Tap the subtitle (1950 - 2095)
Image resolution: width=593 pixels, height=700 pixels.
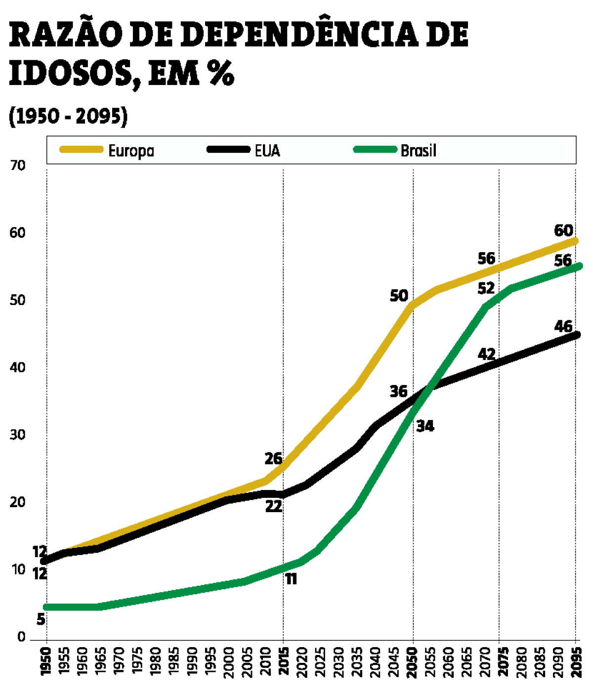[x=68, y=116]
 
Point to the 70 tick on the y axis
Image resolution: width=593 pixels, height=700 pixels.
[x=18, y=166]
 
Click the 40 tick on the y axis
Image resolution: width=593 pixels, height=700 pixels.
[x=18, y=368]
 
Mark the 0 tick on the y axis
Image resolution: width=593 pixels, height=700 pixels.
[x=21, y=637]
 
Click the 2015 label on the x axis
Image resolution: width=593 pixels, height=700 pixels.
[x=283, y=662]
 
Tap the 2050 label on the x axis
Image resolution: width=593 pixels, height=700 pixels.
[x=413, y=662]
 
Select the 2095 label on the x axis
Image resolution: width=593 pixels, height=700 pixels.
[x=575, y=662]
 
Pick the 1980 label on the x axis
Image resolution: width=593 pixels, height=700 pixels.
[x=156, y=662]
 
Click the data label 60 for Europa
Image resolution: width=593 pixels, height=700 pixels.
[x=563, y=230]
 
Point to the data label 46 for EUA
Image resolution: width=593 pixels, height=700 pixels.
[x=563, y=326]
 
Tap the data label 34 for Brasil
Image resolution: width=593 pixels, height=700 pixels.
[x=425, y=426]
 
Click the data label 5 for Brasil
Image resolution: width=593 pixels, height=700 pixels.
[x=41, y=619]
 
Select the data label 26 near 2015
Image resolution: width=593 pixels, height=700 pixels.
[x=273, y=459]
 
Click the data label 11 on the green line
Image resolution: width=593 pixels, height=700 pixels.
[x=291, y=578]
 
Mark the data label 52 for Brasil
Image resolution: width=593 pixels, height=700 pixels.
[x=486, y=288]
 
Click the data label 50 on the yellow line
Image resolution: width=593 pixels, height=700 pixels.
[x=399, y=296]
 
